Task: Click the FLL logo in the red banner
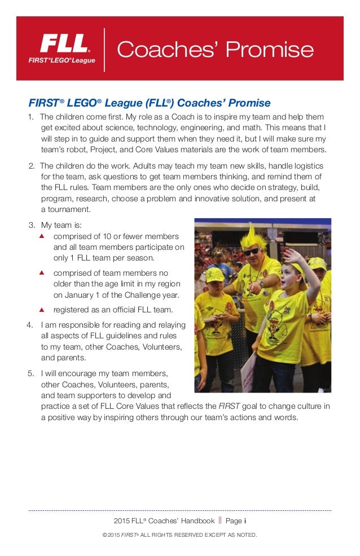coord(67,48)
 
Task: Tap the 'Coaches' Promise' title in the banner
coord(214,50)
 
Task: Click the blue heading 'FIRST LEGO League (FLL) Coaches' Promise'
coord(150,103)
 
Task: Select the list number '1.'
coord(32,117)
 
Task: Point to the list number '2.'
coord(32,166)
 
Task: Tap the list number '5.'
coord(31,373)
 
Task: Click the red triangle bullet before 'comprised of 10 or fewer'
coord(42,236)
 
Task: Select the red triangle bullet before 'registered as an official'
coord(42,310)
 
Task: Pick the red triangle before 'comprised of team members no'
coord(42,273)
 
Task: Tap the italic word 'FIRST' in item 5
coord(229,406)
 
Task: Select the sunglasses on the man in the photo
coord(252,251)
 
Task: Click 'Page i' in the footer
coord(236,520)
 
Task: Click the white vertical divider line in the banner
coord(105,50)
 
